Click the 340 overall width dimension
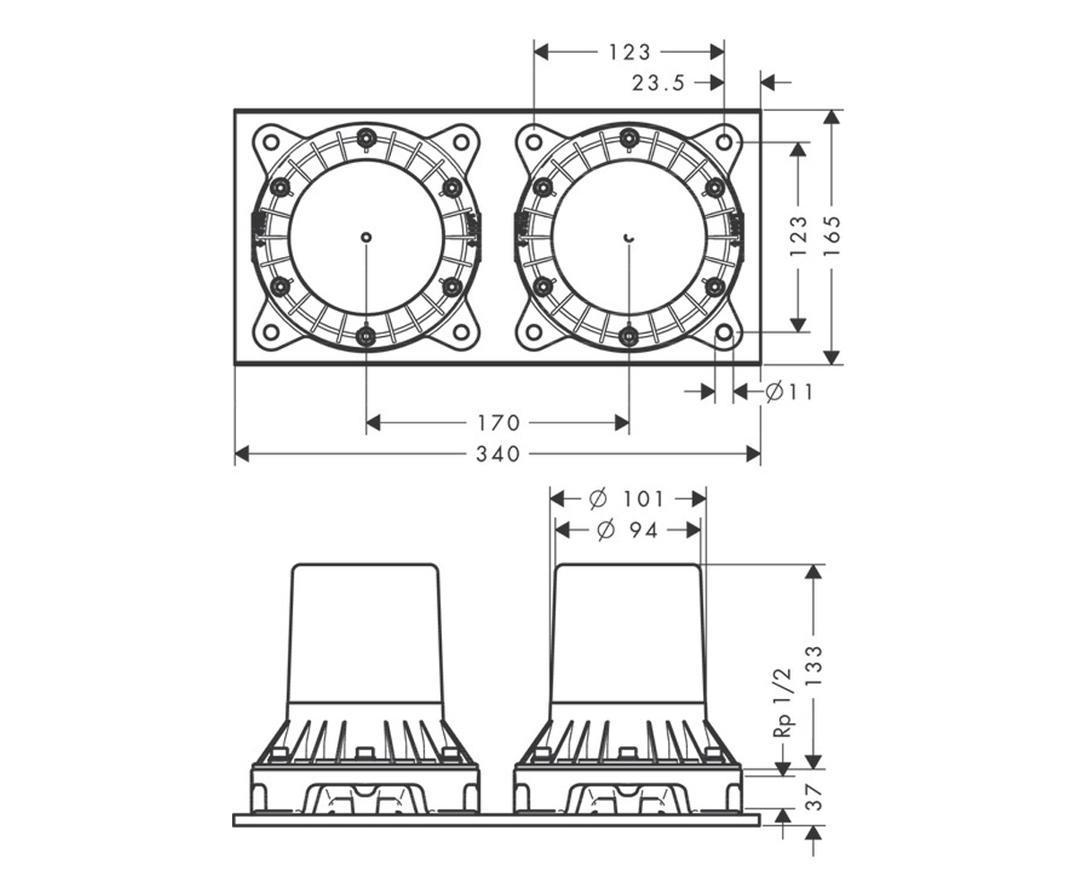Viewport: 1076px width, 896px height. click(x=498, y=454)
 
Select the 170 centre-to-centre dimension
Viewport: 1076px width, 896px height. click(x=499, y=423)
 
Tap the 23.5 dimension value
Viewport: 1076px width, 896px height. click(x=658, y=83)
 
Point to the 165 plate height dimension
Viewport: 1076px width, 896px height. click(x=832, y=237)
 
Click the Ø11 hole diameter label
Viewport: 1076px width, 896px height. click(x=789, y=392)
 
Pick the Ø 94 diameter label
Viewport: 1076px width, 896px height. click(x=627, y=530)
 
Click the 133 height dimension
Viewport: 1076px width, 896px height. click(x=814, y=666)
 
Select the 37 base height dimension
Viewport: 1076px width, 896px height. click(x=814, y=797)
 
